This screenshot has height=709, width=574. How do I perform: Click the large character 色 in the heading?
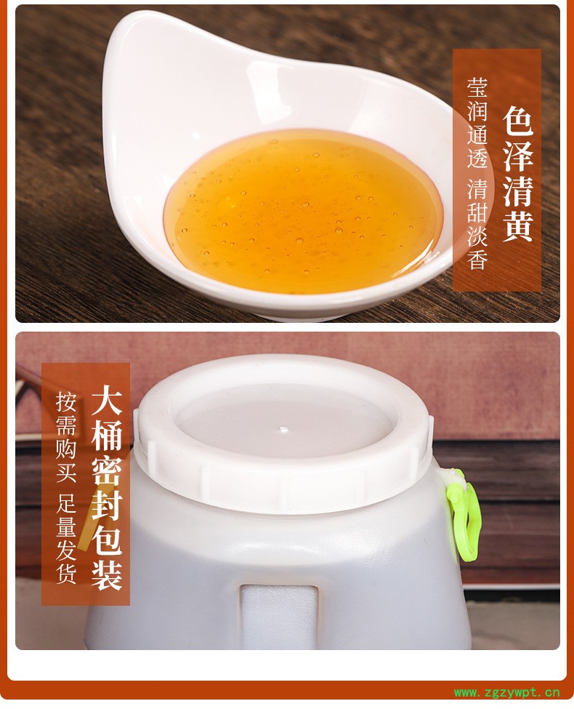tap(518, 121)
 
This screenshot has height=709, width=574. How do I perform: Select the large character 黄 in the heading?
tap(518, 225)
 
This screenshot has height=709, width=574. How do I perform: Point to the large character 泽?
tap(518, 156)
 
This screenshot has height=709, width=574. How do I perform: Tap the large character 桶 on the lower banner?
tap(107, 435)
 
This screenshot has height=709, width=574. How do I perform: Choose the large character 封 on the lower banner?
tap(107, 505)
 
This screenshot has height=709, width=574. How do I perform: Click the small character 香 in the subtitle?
tap(477, 259)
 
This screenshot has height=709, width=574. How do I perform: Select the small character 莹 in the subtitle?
tap(477, 88)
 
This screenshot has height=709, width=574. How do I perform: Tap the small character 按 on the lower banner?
tap(66, 402)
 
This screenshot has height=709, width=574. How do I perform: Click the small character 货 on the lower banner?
tap(66, 573)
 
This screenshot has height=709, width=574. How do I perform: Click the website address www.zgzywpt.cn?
tap(506, 692)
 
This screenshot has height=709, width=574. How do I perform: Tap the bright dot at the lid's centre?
tap(283, 430)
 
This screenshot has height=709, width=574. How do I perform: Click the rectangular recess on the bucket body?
tap(278, 617)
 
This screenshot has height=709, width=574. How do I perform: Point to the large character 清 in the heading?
tap(518, 191)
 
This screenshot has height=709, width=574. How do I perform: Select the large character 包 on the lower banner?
tap(107, 540)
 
